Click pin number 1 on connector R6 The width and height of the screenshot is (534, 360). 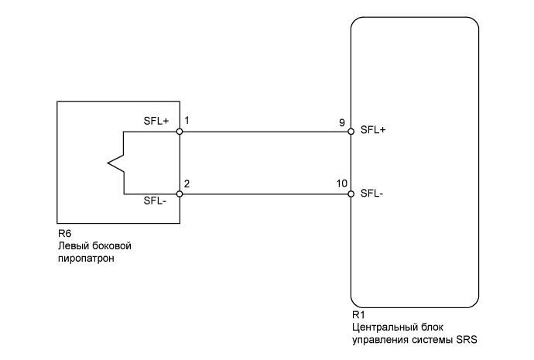[x=187, y=122]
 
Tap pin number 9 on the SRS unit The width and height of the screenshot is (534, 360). [x=342, y=122]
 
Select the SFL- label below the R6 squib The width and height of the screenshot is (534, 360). [x=156, y=201]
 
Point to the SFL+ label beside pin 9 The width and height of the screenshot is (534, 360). [x=373, y=130]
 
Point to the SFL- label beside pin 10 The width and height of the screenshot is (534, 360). [x=371, y=193]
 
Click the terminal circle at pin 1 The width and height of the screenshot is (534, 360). [x=180, y=132]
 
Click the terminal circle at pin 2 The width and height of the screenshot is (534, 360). [x=180, y=194]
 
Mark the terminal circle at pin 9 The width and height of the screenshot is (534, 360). [x=351, y=132]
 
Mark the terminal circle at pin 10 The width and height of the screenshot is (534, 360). [x=351, y=194]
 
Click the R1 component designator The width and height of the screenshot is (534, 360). [x=358, y=316]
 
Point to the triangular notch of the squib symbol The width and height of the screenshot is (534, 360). [x=112, y=163]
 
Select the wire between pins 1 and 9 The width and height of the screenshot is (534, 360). [x=265, y=132]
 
